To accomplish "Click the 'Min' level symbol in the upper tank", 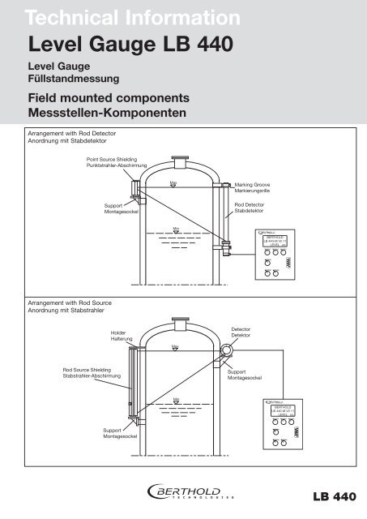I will pyautogui.click(x=175, y=230).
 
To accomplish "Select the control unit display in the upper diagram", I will pyautogui.click(x=277, y=242).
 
